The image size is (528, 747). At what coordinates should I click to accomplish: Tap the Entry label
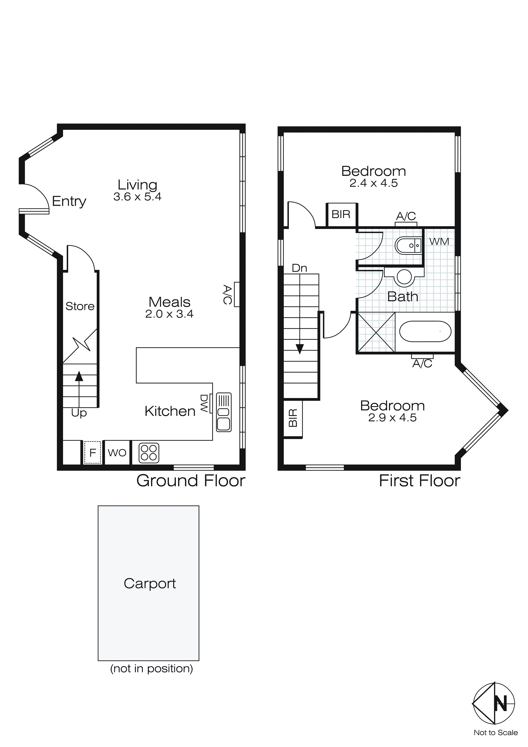pyautogui.click(x=69, y=201)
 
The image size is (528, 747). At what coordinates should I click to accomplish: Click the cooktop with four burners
pyautogui.click(x=149, y=453)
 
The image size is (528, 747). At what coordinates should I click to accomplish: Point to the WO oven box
pyautogui.click(x=117, y=453)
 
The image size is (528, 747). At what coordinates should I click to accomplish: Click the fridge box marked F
pyautogui.click(x=93, y=453)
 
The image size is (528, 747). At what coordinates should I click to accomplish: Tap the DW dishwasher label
pyautogui.click(x=204, y=403)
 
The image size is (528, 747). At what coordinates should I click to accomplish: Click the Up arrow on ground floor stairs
pyautogui.click(x=79, y=377)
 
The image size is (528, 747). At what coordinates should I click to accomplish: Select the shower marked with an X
pyautogui.click(x=376, y=332)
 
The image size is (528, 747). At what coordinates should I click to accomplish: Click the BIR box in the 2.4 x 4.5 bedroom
pyautogui.click(x=341, y=214)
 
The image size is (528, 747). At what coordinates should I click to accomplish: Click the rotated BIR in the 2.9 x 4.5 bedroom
pyautogui.click(x=293, y=418)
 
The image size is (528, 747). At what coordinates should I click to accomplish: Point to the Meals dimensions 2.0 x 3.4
pyautogui.click(x=169, y=314)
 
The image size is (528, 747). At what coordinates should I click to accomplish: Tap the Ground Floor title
pyautogui.click(x=191, y=481)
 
